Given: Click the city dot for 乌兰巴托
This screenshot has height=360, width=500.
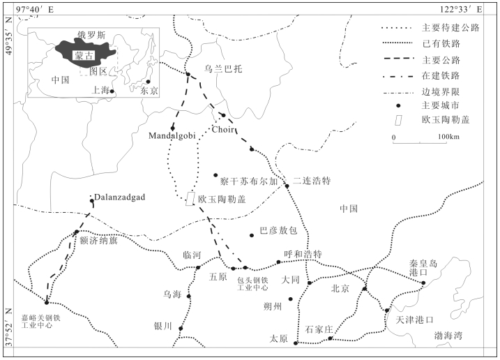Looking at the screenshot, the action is [x=188, y=75].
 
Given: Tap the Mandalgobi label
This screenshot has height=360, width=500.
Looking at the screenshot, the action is [x=172, y=135].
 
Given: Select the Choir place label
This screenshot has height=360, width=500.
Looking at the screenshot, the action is [x=223, y=129].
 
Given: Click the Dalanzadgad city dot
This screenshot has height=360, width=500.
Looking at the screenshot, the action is [x=92, y=201].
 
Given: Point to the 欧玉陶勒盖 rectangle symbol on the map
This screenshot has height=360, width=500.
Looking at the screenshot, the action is [x=190, y=199].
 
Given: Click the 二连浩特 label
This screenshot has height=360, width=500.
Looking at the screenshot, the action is [x=312, y=181].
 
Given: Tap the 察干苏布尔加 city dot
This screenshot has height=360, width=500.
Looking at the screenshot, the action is [x=215, y=175].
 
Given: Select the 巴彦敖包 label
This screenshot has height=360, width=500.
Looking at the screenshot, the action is [x=278, y=230].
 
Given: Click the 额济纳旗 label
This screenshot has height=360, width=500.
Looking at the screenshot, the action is [x=98, y=240].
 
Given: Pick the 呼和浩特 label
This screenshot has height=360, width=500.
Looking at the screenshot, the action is [x=303, y=254].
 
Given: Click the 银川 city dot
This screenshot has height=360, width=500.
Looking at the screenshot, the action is [x=181, y=329].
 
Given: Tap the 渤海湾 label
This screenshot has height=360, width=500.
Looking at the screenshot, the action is [x=448, y=336].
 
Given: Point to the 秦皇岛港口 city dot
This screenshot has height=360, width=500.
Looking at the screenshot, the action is [x=423, y=283].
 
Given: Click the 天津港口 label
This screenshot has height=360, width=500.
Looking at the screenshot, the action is [x=414, y=320].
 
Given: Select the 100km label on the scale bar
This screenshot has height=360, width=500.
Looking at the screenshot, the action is [x=448, y=137].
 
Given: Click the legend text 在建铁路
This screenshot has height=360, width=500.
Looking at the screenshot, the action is [x=441, y=75].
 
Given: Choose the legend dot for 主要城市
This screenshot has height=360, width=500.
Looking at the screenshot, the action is [x=398, y=105].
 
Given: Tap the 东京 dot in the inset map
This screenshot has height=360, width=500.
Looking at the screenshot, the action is [x=148, y=82].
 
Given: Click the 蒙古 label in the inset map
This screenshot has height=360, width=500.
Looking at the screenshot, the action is [x=84, y=56].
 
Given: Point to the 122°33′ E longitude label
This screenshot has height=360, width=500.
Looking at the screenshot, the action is [x=461, y=9].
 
